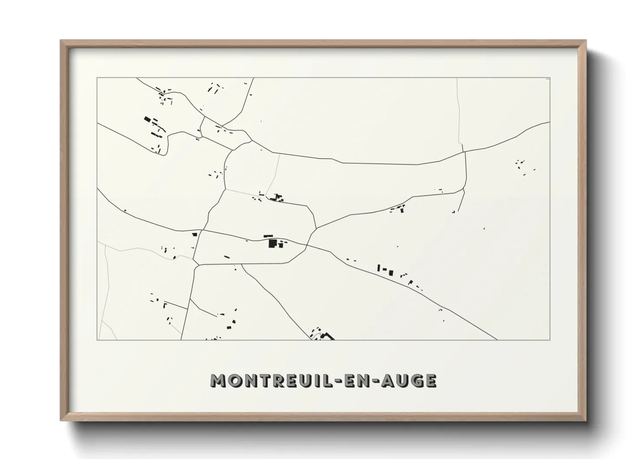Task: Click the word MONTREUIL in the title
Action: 272,380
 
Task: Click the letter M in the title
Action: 218,380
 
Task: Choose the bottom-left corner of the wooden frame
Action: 61,420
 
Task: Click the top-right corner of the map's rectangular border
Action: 550,78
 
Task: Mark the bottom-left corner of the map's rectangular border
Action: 97,340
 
